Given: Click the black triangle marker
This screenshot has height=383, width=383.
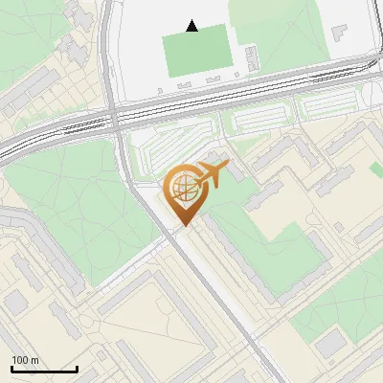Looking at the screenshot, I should click(x=192, y=26).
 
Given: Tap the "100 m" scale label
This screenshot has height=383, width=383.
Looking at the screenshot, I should click(x=25, y=360).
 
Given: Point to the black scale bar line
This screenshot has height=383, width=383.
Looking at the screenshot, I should click(x=44, y=370).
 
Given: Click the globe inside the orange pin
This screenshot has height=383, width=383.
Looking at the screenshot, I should click(x=182, y=190).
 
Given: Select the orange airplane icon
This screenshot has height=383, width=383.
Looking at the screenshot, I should click(x=211, y=175).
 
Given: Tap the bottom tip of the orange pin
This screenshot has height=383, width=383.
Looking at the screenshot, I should click(x=182, y=227).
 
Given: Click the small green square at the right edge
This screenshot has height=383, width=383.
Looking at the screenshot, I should click(x=376, y=169).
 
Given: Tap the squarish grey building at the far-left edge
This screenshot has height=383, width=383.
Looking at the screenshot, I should click(x=14, y=303).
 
